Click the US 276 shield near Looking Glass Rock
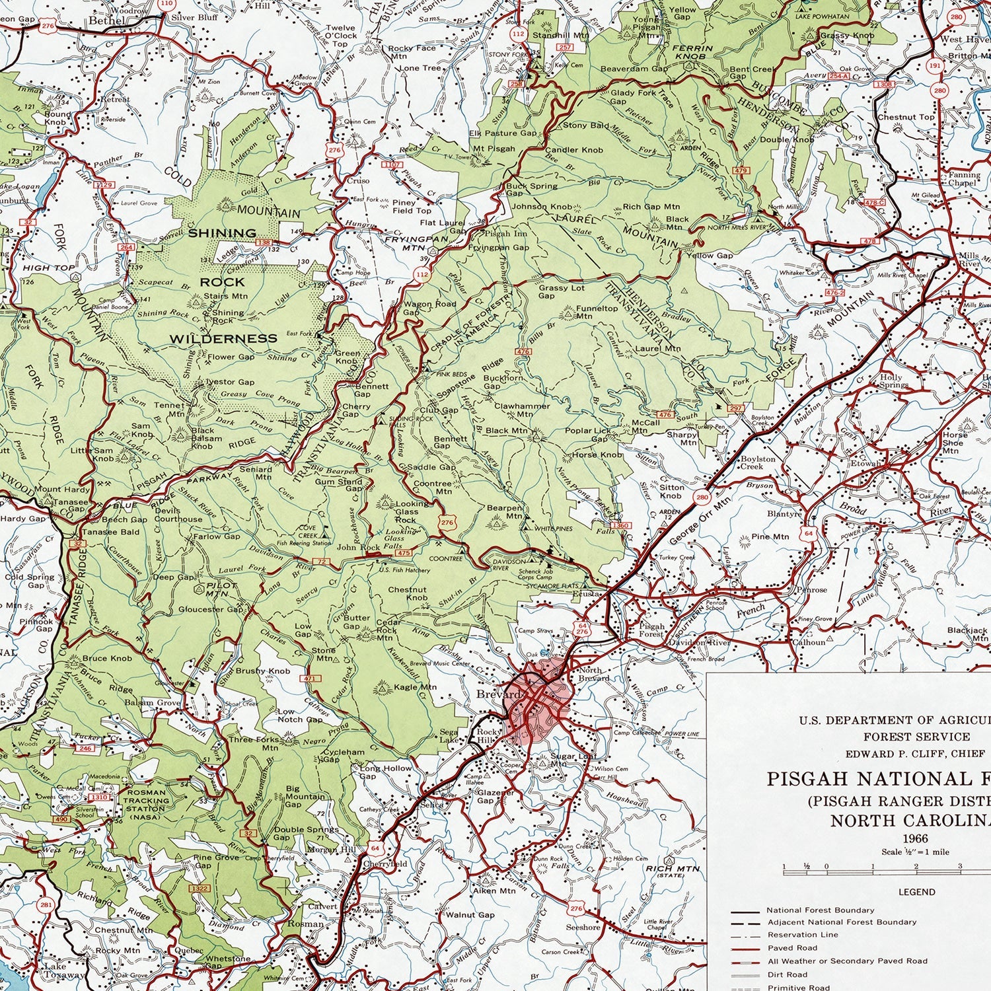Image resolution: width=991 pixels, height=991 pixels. point(447,523)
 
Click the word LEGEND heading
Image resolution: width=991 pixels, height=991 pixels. point(917,891)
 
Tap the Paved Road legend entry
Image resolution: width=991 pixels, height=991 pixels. point(792,948)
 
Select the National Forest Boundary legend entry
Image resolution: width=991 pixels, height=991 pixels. point(820,910)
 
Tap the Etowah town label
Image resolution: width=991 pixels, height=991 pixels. point(866,463)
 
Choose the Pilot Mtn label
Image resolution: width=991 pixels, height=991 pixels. point(222,589)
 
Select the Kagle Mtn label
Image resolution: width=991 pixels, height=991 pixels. point(415,686)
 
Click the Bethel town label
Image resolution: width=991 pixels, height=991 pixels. point(106,20)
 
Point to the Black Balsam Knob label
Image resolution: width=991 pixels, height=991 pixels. point(203,438)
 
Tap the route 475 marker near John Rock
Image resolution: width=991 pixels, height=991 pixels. point(403,552)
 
